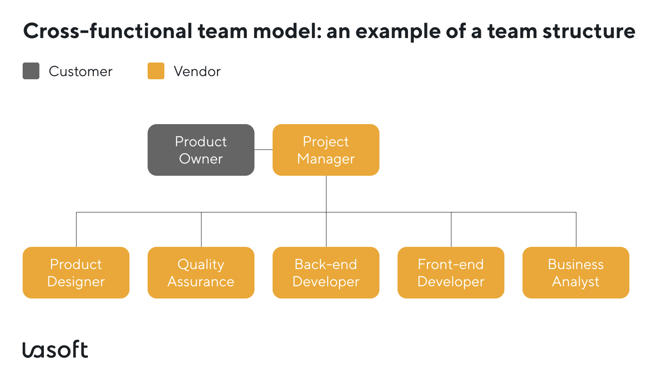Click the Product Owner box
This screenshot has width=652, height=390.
click(x=201, y=150)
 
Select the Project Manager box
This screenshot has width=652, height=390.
click(x=326, y=150)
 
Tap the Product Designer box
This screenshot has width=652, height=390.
click(x=76, y=273)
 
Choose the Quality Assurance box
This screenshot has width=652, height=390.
click(x=201, y=273)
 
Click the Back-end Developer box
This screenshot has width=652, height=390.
click(x=326, y=273)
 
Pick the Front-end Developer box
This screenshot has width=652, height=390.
click(x=451, y=273)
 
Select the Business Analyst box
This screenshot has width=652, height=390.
click(x=576, y=273)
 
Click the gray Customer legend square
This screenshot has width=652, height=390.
click(x=31, y=71)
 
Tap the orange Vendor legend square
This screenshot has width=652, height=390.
click(x=156, y=71)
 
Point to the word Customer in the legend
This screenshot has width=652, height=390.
click(x=81, y=72)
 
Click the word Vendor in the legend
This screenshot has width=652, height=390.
click(x=197, y=72)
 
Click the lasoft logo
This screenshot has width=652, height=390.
click(x=55, y=349)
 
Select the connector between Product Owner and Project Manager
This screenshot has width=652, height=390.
click(x=264, y=149)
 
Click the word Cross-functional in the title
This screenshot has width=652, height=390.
click(x=108, y=32)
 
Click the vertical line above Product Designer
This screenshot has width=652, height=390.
click(x=77, y=230)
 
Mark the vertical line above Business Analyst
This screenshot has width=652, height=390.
click(x=576, y=230)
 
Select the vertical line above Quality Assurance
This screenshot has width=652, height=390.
click(x=201, y=230)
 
